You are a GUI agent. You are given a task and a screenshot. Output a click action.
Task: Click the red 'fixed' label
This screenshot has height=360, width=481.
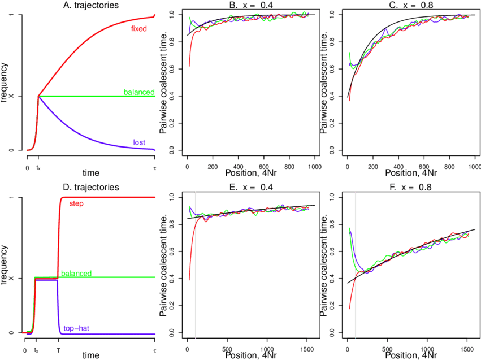tap(138, 28)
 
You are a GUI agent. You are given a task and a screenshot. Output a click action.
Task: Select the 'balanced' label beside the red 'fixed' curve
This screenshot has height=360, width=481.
tap(139, 92)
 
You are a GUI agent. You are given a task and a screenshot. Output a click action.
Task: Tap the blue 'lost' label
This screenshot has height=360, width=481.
tap(139, 142)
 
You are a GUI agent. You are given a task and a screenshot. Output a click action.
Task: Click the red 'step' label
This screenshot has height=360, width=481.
tap(76, 203)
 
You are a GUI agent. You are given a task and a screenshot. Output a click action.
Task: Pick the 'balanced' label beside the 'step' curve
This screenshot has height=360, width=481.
tap(76, 273)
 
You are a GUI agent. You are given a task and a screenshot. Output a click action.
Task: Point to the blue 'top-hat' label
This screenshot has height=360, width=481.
tap(76, 328)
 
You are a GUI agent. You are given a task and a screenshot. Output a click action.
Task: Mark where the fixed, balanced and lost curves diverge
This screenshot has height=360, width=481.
tap(38, 96)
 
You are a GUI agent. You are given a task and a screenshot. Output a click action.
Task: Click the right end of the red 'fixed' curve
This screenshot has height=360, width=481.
tap(155, 15)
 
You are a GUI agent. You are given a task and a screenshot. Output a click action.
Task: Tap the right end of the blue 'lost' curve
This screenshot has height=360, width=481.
tap(155, 150)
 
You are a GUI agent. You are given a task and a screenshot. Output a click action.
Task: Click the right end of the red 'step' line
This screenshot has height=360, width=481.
tap(155, 197)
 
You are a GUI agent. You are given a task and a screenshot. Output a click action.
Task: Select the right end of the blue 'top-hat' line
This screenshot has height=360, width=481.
tap(155, 334)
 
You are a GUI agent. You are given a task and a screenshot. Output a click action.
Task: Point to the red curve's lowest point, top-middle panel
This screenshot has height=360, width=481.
tap(189, 66)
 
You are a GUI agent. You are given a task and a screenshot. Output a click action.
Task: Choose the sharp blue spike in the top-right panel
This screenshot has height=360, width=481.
tap(385, 29)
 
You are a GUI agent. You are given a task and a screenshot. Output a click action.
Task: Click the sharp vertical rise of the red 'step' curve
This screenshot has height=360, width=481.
tap(59, 237)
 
